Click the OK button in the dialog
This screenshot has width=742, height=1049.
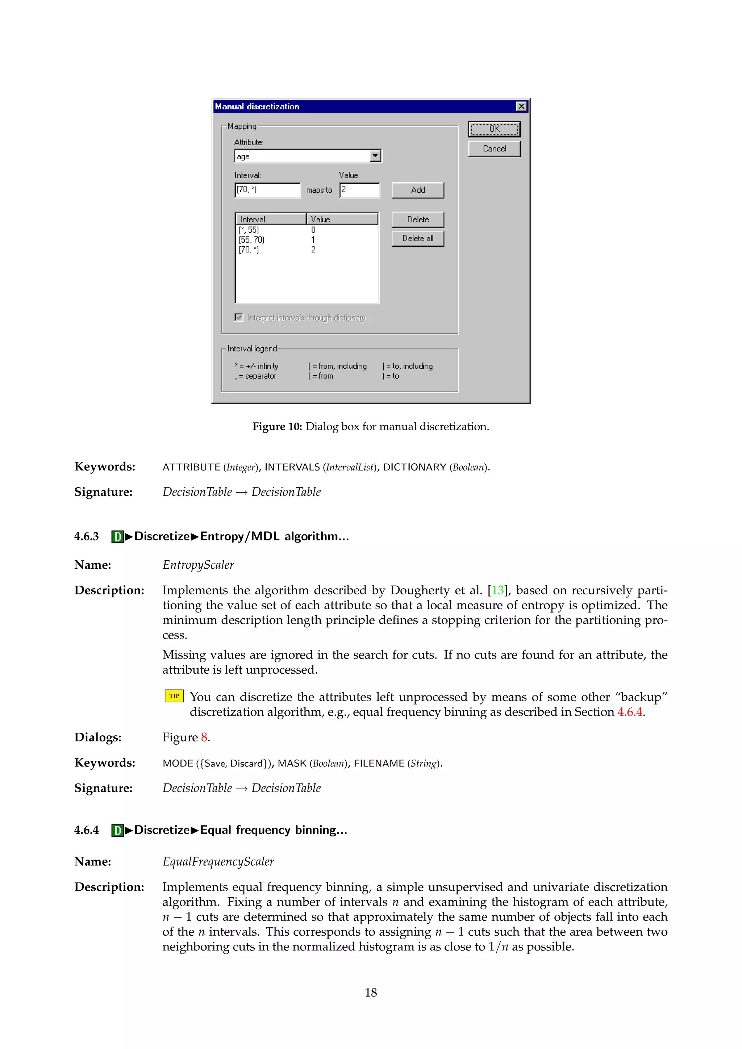click(494, 129)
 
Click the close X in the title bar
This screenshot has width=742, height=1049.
click(521, 106)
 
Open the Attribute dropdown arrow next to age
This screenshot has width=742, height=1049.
click(375, 156)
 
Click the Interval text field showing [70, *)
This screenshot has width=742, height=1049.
click(267, 190)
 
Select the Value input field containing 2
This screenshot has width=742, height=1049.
click(359, 190)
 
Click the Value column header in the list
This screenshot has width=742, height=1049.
click(342, 219)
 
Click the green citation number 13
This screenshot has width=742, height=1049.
click(497, 590)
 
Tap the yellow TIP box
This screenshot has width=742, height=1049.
click(174, 696)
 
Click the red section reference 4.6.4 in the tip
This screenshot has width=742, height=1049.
click(630, 712)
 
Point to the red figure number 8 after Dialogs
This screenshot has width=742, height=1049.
click(204, 737)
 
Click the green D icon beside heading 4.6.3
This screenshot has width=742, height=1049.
click(117, 536)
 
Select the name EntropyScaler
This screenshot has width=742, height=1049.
click(198, 565)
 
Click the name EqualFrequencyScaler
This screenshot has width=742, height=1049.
click(218, 862)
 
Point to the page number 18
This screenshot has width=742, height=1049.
click(371, 992)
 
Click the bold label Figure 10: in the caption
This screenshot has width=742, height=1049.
click(277, 427)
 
